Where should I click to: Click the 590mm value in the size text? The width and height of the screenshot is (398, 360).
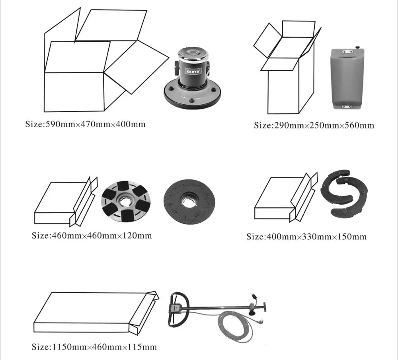pos(55,124)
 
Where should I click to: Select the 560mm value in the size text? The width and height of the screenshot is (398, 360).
pos(360,126)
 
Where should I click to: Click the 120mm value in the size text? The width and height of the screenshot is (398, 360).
pos(137,235)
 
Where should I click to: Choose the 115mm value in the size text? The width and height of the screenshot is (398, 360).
pos(142,347)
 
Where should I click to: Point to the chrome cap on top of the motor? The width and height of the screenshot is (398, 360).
pos(193,52)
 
